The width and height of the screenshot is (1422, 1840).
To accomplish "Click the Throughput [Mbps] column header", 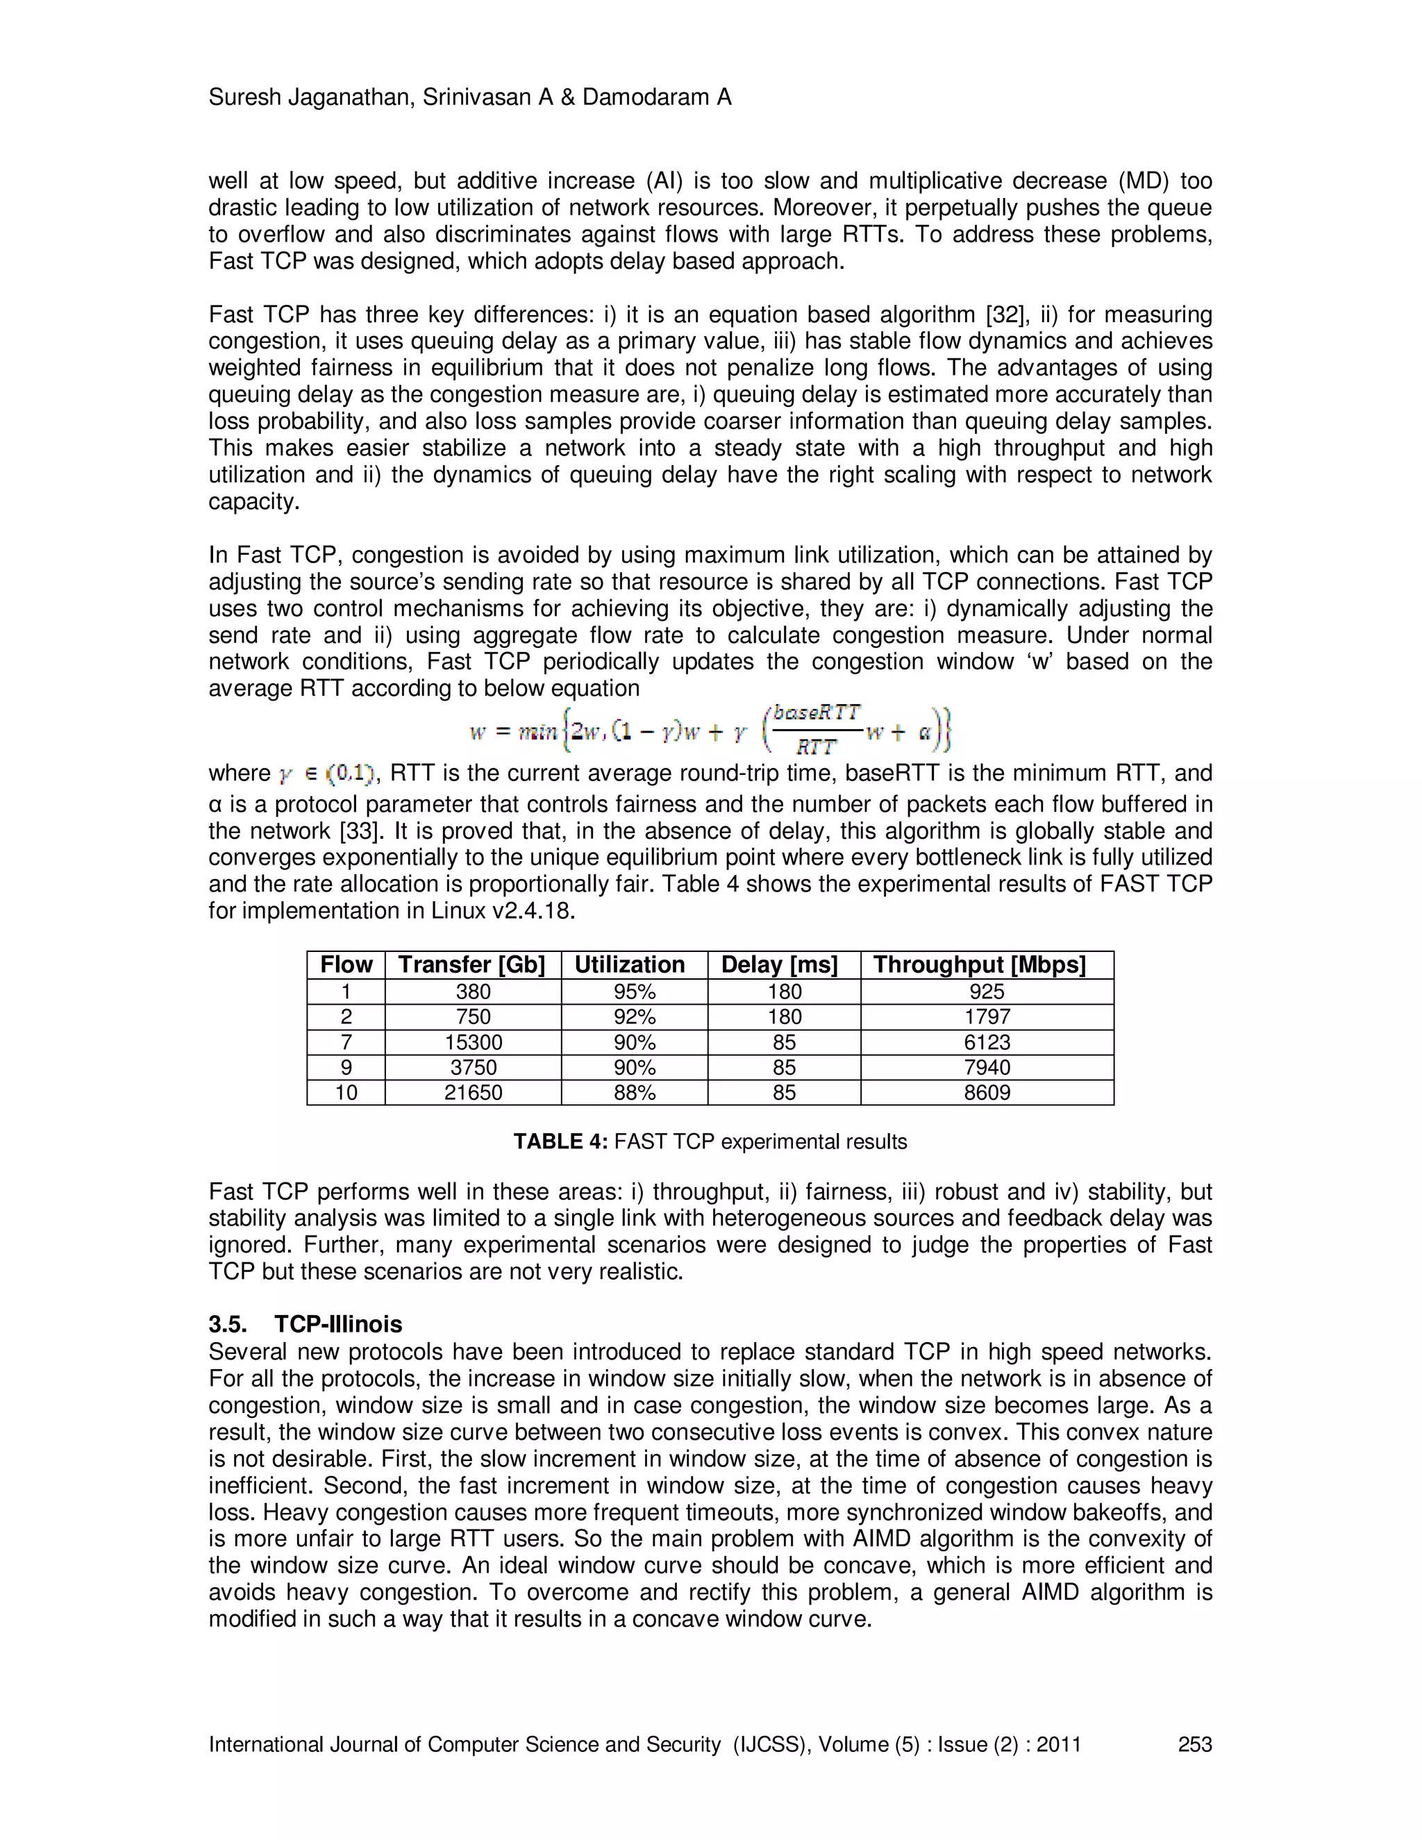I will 979,964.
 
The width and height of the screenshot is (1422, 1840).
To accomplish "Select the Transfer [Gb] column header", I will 471,964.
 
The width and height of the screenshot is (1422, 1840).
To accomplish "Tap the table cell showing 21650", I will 474,1093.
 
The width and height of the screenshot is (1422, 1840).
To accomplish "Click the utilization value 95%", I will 635,992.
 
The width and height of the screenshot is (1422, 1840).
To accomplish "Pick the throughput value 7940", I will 987,1067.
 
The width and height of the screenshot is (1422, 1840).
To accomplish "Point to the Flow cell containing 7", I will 346,1042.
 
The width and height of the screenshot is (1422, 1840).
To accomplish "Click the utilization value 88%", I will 635,1093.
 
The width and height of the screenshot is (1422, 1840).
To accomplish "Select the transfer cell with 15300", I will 474,1042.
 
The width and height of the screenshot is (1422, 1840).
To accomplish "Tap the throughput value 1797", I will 987,1017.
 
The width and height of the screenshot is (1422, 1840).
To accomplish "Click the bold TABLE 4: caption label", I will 560,1141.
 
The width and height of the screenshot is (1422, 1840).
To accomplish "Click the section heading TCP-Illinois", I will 338,1324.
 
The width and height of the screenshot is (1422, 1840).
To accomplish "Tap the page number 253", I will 1194,1744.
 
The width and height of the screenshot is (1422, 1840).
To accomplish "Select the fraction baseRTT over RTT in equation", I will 815,730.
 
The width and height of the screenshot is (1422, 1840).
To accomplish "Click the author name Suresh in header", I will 244,98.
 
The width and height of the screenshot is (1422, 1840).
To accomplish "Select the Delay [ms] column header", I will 779,964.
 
